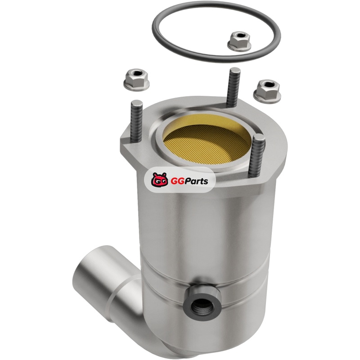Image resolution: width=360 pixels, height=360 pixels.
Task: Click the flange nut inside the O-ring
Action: pos(239,42)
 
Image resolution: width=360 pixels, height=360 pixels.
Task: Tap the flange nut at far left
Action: pos(136,80)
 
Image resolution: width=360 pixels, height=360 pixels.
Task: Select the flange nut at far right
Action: pos(267,91)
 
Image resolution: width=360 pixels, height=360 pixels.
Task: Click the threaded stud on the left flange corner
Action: pos(137,121)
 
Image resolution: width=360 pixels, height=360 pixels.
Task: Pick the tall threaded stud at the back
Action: pos(234,87)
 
